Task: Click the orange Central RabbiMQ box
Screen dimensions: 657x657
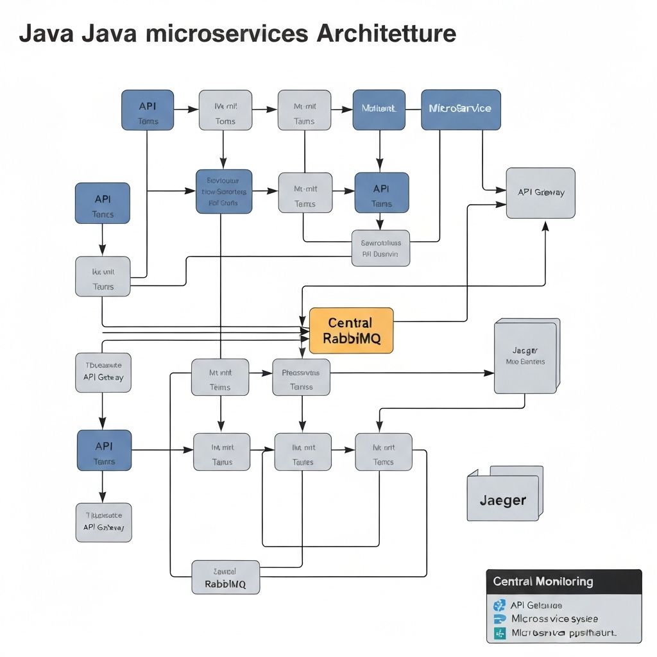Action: [351, 330]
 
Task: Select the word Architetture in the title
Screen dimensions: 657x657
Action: [386, 33]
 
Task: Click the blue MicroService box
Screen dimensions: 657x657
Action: [460, 109]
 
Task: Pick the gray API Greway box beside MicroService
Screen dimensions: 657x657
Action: [540, 192]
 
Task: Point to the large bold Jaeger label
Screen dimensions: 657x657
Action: [502, 500]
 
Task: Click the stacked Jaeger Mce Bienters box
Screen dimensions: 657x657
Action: [525, 357]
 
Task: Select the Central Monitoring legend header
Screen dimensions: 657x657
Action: [543, 582]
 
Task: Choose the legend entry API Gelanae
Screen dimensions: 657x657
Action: [536, 605]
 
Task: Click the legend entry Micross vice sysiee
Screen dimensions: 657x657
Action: [554, 619]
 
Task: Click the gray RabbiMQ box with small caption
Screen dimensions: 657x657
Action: [225, 577]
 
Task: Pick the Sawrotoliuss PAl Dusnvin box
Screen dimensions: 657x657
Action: [380, 248]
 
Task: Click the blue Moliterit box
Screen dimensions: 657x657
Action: [379, 109]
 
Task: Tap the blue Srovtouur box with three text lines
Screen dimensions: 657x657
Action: [223, 191]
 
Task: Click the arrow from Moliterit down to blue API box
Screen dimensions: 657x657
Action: [379, 151]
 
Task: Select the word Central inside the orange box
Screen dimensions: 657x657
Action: [350, 322]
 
